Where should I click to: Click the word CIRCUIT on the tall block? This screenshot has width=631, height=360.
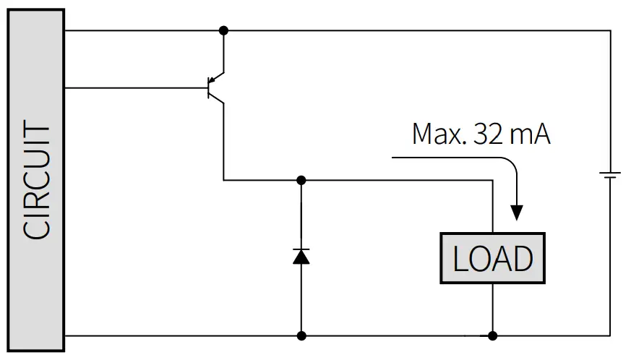point(37,181)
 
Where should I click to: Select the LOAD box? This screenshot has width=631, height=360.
point(492,258)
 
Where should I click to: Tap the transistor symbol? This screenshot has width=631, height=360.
point(215,88)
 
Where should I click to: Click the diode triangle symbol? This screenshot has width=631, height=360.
point(301,256)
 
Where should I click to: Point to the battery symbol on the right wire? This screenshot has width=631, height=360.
point(611,176)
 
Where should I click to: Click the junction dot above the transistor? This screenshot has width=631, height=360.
point(223,30)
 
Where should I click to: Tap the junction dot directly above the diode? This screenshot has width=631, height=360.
point(301,179)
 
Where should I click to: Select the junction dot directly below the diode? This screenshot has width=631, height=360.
point(301,335)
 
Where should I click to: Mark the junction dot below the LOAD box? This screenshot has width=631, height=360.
point(492,335)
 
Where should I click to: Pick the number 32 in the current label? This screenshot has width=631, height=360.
point(490,134)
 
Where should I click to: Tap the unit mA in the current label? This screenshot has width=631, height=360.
point(533,134)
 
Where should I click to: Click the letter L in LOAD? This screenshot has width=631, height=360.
point(460,259)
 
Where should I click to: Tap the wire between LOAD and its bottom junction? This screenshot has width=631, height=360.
point(492,309)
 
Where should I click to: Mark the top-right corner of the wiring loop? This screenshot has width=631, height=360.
point(611,30)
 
